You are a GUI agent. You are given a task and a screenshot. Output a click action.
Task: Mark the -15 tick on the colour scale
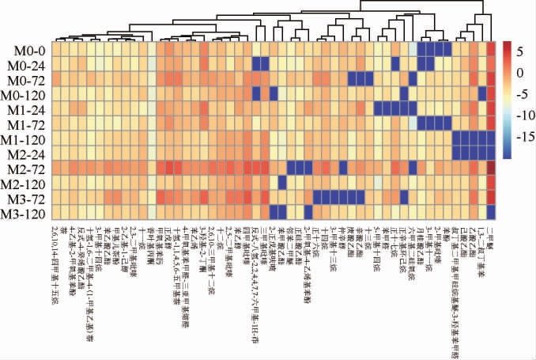[x=528, y=136]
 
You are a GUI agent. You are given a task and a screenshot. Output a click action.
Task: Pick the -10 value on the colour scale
[x=528, y=115]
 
